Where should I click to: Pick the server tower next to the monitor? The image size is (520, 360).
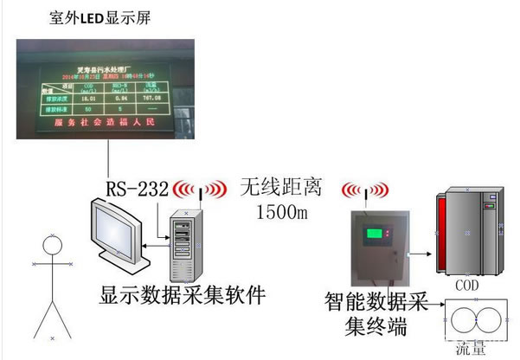183,243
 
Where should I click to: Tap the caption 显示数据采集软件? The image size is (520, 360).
181,297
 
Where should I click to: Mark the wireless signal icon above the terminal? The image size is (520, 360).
362,190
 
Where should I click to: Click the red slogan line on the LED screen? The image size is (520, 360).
107,125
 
